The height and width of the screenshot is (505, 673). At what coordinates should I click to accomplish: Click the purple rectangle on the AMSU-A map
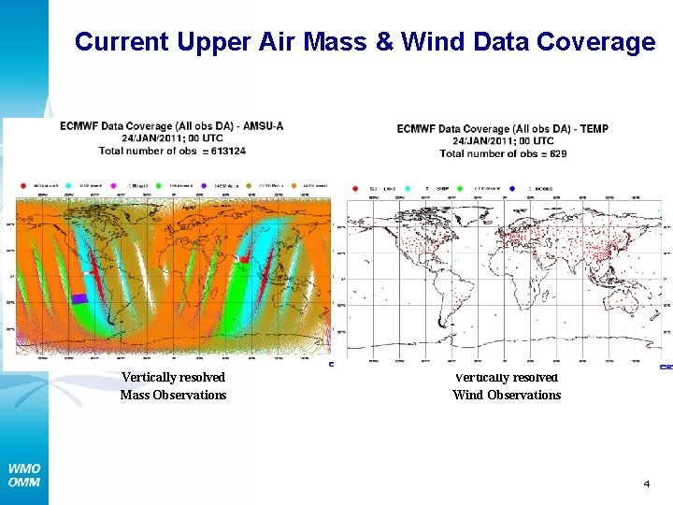click(79, 298)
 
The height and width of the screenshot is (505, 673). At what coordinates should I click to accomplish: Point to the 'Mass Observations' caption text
click(173, 395)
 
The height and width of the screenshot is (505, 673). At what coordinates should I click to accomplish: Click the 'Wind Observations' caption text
click(507, 395)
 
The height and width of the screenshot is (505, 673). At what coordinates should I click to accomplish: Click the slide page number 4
click(645, 483)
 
